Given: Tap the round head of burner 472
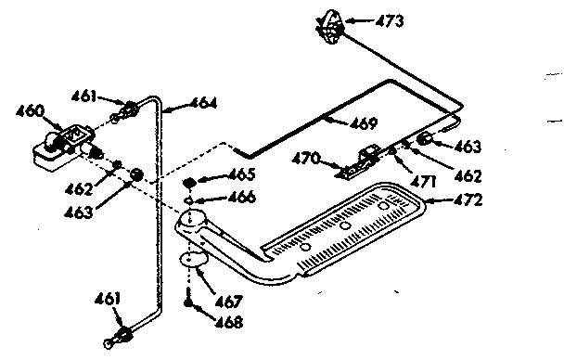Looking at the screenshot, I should pyautogui.click(x=194, y=221).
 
